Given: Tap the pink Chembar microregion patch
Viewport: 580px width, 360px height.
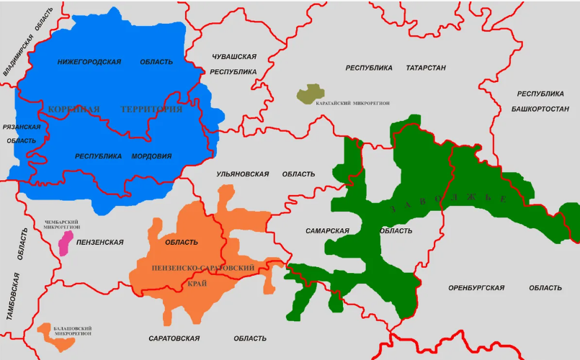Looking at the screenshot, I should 66,243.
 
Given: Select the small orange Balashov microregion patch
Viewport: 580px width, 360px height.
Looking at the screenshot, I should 58,338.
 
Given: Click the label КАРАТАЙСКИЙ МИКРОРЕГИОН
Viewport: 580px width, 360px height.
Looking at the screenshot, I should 353,104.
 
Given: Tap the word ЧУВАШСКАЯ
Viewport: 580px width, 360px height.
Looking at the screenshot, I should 234,56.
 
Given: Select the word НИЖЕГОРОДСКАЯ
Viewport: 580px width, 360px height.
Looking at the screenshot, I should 89,62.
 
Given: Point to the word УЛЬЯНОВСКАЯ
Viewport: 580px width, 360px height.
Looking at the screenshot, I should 242,174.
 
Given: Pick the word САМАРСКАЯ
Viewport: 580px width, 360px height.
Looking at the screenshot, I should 327,231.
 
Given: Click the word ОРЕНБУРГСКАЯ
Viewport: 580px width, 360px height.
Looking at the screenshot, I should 476,288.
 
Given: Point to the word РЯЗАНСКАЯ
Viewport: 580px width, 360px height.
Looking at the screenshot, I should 22,127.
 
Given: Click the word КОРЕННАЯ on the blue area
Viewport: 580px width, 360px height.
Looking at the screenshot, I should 73,109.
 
